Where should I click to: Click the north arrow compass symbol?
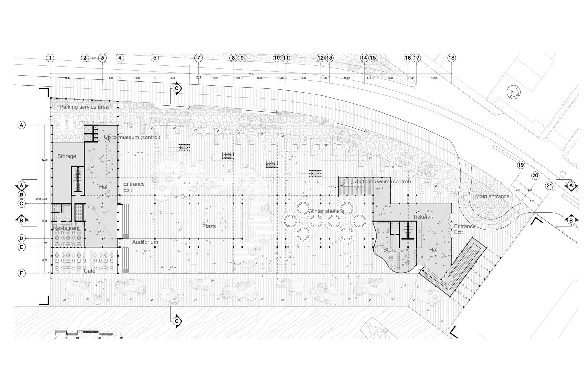tap(513, 92)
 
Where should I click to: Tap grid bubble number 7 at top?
tap(198, 58)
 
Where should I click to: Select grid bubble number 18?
tap(451, 58)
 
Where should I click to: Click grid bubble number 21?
tap(549, 186)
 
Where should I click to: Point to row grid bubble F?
tap(22, 273)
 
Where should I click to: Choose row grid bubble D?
tap(22, 239)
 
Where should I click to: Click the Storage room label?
tap(67, 156)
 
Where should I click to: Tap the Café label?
tap(89, 271)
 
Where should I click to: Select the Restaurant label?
tap(66, 228)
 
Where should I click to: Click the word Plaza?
tap(209, 226)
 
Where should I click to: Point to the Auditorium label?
tap(145, 242)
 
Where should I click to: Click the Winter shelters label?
tap(326, 211)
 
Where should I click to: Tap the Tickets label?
tap(421, 217)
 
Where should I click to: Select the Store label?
tap(390, 250)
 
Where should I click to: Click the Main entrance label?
tap(492, 196)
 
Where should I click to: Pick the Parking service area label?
tap(84, 107)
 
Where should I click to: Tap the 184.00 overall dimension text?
tap(250, 74)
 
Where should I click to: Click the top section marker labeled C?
tap(177, 88)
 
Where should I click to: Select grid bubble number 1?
tap(50, 58)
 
